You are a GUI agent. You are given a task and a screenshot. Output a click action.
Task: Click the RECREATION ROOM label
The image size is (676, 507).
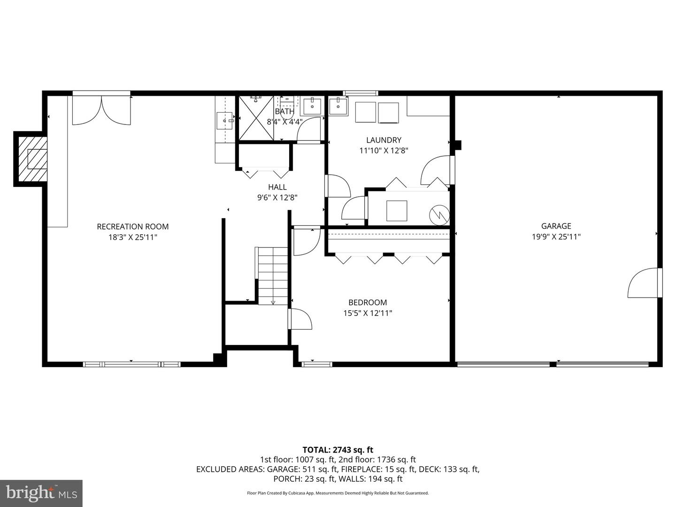132,227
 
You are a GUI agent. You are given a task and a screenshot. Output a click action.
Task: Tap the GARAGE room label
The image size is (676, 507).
556,226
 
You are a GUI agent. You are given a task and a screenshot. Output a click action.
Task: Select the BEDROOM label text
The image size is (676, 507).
368,303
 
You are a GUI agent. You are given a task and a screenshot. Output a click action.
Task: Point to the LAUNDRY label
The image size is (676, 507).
384,140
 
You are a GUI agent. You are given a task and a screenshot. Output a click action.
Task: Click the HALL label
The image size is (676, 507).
277,187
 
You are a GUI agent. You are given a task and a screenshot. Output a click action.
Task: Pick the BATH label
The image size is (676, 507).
284,112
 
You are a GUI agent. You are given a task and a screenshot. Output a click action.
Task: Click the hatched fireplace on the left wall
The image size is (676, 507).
32,159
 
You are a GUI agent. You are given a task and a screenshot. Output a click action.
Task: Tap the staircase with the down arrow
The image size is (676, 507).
272,276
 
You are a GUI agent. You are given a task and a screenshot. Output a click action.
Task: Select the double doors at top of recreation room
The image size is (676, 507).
101,110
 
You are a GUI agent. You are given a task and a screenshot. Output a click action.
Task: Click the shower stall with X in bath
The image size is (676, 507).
256,118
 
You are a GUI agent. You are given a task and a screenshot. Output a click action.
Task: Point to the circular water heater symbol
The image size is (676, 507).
438,215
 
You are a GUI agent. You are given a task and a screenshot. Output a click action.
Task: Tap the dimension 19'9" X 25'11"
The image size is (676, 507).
556,237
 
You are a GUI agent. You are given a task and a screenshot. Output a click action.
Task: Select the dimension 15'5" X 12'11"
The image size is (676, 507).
368,313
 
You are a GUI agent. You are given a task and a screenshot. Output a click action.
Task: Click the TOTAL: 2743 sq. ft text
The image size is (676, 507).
338,450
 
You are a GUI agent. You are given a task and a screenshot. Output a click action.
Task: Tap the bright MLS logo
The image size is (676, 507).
41,493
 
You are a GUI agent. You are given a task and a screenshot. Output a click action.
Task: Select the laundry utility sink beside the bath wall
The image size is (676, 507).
338,106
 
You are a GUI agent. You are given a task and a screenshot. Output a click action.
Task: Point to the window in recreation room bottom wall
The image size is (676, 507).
131,364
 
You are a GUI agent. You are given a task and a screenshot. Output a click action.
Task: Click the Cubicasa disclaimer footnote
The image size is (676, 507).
338,493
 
